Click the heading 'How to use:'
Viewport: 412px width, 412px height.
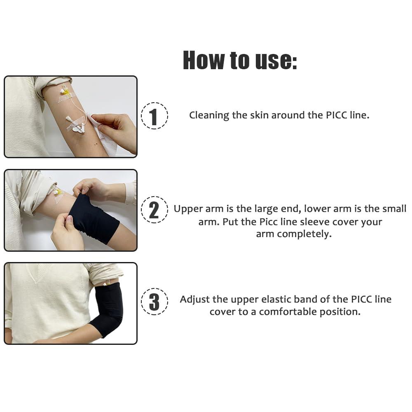click(x=240, y=60)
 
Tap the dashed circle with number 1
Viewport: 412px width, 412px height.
click(x=154, y=116)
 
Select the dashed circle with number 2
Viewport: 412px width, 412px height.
click(x=154, y=210)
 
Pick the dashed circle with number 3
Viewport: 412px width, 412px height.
click(x=154, y=302)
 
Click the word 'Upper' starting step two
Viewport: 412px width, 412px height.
click(x=186, y=209)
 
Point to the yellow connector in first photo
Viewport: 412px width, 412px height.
click(x=65, y=92)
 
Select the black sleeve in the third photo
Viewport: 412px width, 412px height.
click(x=108, y=307)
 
